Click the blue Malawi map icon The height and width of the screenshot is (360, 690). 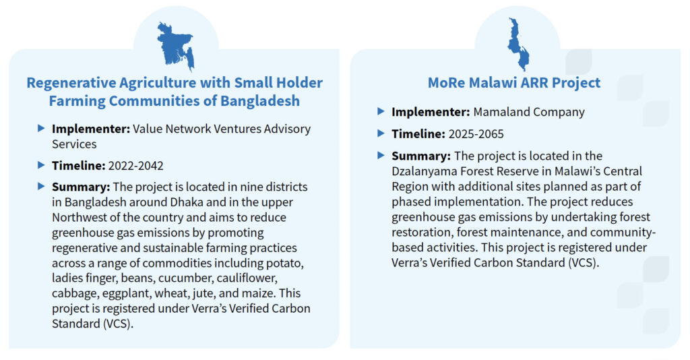pos(518,44)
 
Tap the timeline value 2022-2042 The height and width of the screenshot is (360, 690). pos(135,166)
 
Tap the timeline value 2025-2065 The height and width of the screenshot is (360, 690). pos(476,134)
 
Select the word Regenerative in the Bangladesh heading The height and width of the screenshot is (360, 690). pos(71,83)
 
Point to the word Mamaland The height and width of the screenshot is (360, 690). pos(501,112)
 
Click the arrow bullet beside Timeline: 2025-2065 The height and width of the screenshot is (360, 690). pos(381,133)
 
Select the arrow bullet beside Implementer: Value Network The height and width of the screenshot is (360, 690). pos(41,129)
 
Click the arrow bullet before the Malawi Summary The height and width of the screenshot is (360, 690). pos(381,155)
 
